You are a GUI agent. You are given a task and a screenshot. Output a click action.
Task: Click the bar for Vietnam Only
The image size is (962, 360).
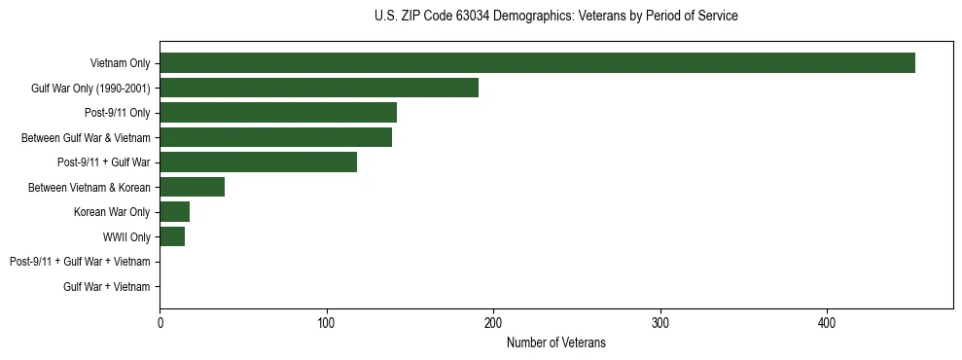537,63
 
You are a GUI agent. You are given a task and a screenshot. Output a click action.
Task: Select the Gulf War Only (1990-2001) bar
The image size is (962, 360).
319,88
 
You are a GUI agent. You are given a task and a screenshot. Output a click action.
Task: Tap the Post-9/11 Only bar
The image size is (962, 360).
278,113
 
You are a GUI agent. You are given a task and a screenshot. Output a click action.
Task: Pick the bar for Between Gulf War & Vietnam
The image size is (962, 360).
275,137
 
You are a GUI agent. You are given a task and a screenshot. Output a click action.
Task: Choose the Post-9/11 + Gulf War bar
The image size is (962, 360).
258,162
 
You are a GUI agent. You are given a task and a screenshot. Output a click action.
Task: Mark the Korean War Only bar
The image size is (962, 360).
174,212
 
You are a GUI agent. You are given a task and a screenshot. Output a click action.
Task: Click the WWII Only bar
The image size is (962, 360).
172,236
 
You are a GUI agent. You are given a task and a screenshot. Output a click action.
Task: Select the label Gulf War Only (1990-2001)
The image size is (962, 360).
90,89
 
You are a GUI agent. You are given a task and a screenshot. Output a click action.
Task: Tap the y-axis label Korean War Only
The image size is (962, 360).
112,212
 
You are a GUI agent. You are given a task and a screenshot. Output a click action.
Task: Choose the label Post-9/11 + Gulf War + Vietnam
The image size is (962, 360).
80,262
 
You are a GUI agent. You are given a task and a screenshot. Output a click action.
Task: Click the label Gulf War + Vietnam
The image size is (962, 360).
107,287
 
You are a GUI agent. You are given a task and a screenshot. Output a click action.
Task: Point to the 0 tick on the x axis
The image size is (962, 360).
160,322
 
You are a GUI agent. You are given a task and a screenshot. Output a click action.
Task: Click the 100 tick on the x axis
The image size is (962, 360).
327,322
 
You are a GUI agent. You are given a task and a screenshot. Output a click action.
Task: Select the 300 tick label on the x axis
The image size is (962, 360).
660,322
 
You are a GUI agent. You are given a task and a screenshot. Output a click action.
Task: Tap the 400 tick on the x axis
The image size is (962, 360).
827,322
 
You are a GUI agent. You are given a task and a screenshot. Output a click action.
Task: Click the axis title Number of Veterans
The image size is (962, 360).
555,342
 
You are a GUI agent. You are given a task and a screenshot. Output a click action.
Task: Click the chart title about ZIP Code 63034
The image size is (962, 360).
555,17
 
